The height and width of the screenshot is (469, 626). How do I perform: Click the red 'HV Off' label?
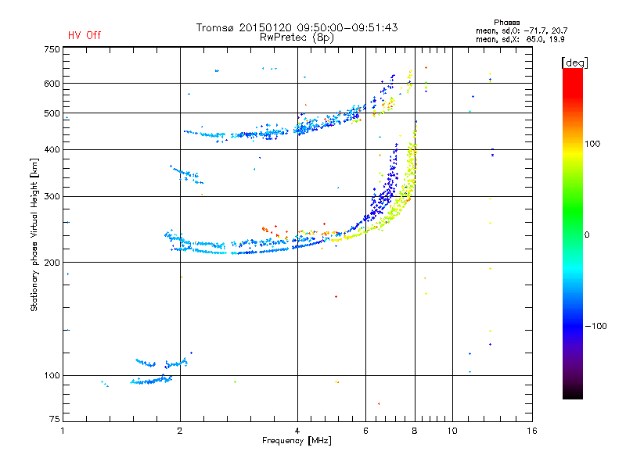pyautogui.click(x=84, y=35)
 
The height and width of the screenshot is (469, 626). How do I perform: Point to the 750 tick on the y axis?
pyautogui.click(x=51, y=49)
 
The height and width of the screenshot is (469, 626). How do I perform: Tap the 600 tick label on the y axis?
pyautogui.click(x=51, y=84)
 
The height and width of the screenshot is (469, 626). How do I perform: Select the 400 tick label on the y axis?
pyautogui.click(x=51, y=149)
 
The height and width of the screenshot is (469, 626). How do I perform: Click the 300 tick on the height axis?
pyautogui.click(x=51, y=196)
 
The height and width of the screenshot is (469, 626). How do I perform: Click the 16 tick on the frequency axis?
pyautogui.click(x=531, y=431)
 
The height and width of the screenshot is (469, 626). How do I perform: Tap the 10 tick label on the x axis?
pyautogui.click(x=452, y=431)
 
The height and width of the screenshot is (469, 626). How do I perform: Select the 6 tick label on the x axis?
pyautogui.click(x=365, y=431)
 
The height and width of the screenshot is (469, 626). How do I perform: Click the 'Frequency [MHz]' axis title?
pyautogui.click(x=298, y=441)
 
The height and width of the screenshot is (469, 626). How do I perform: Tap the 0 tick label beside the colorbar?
pyautogui.click(x=588, y=234)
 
